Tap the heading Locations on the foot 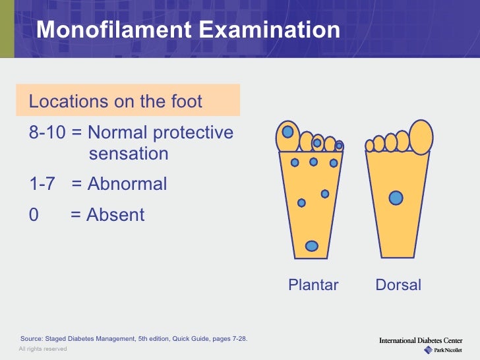[x=115, y=102]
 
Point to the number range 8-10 [x=47, y=133]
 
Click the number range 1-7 [x=43, y=184]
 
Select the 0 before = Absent [x=34, y=215]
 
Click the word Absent [x=115, y=215]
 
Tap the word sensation [x=129, y=154]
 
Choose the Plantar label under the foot [x=313, y=285]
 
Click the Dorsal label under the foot [x=398, y=285]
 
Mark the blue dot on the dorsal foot [x=396, y=197]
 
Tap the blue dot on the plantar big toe [x=287, y=132]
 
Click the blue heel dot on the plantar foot [x=312, y=246]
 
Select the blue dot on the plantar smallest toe [x=339, y=145]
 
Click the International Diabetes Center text [x=421, y=340]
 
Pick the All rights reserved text [x=42, y=349]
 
